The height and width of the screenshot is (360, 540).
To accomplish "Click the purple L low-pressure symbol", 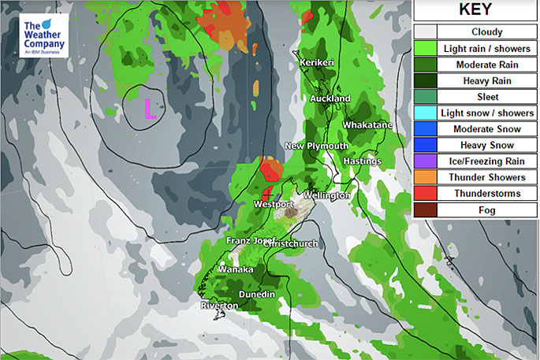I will tap(148, 108).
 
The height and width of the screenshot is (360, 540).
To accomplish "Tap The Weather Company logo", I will tap(45, 35).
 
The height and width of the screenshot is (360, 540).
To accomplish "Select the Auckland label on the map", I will tap(330, 98).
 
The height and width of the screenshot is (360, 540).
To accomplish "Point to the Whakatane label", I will tap(367, 125).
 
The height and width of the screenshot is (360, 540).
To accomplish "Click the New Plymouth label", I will tap(316, 146).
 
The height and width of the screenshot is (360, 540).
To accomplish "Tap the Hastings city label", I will tap(363, 161).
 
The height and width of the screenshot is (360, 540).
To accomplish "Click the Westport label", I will tap(274, 205).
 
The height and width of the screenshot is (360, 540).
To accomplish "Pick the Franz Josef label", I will tap(250, 240).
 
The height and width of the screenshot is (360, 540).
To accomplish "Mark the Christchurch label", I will tap(292, 243).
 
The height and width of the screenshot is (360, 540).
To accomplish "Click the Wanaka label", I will tap(236, 269).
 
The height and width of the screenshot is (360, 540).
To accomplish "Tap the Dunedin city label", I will tap(256, 295).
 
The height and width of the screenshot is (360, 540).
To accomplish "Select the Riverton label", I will tap(219, 306).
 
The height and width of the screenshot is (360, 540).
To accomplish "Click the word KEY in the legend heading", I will tap(475, 10).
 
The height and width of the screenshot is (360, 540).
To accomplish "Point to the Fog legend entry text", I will tap(487, 210).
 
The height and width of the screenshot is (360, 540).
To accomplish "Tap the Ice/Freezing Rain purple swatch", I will tap(425, 161).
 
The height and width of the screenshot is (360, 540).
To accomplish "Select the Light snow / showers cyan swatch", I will tap(425, 113).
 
